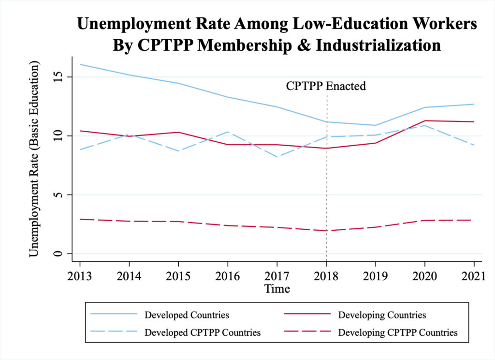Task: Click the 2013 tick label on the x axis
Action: pyautogui.click(x=80, y=276)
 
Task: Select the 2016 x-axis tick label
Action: pyautogui.click(x=228, y=276)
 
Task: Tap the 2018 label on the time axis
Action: pyautogui.click(x=326, y=276)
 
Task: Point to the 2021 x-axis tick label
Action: pyautogui.click(x=474, y=276)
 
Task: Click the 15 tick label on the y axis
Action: pyautogui.click(x=58, y=77)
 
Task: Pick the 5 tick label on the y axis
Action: pyautogui.click(x=58, y=195)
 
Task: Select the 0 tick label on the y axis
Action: pyautogui.click(x=58, y=254)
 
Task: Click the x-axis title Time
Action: pyautogui.click(x=277, y=288)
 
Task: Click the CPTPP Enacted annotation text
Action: pyautogui.click(x=326, y=86)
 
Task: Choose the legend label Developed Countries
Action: pyautogui.click(x=187, y=315)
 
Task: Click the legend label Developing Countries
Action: pyautogui.click(x=382, y=315)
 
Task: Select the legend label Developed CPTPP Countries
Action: pyautogui.click(x=203, y=332)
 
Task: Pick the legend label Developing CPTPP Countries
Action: pyautogui.click(x=398, y=332)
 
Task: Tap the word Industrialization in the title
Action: pyautogui.click(x=378, y=45)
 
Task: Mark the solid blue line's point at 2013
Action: pyautogui.click(x=80, y=64)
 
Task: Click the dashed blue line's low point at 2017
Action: pyautogui.click(x=277, y=157)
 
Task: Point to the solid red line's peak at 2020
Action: pyautogui.click(x=424, y=121)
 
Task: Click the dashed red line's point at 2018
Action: pyautogui.click(x=326, y=231)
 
